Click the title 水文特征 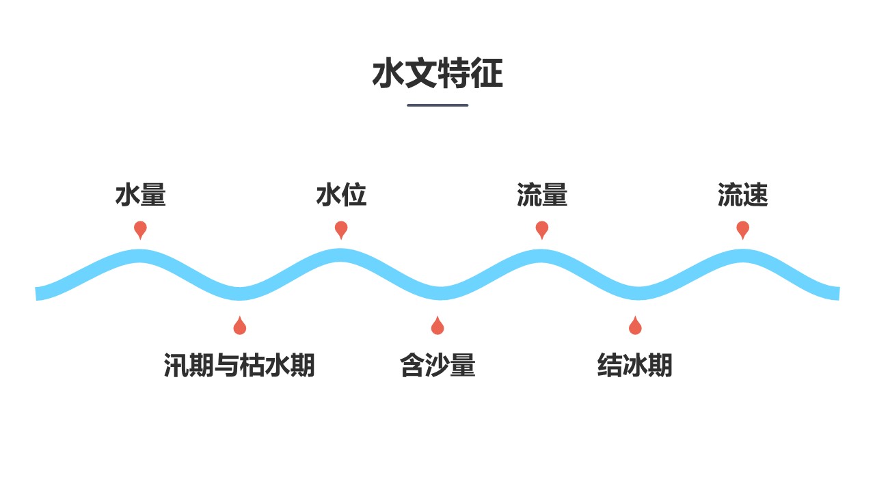point(437,74)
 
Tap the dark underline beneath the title point(437,105)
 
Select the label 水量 point(140,195)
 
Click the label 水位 point(341,195)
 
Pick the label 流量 point(542,195)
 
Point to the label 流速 point(742,195)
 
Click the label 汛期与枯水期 point(239,366)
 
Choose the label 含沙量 point(437,366)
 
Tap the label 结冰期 point(634,366)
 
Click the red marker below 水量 point(140,229)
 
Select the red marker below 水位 point(341,229)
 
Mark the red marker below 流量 point(542,229)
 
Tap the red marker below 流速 point(743,229)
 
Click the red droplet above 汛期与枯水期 point(239,327)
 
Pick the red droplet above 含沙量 point(437,327)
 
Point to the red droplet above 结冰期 point(635,327)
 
